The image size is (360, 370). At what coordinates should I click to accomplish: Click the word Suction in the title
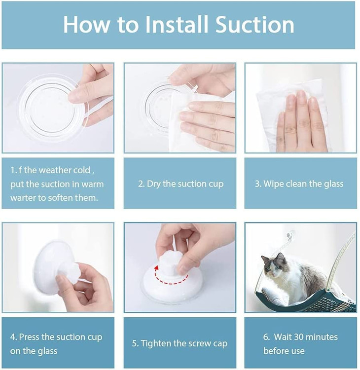254,25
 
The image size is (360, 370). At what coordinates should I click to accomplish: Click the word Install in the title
177,25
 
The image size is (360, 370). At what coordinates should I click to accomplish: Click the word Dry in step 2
153,184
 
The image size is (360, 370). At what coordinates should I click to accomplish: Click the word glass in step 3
333,184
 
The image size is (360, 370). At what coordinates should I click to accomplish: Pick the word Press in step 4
29,337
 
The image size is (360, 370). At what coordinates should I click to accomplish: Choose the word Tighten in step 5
156,343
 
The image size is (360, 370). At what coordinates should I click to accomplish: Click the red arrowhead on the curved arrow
156,268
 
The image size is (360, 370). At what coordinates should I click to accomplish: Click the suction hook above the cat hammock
289,236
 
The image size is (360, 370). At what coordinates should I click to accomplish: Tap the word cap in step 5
220,344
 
